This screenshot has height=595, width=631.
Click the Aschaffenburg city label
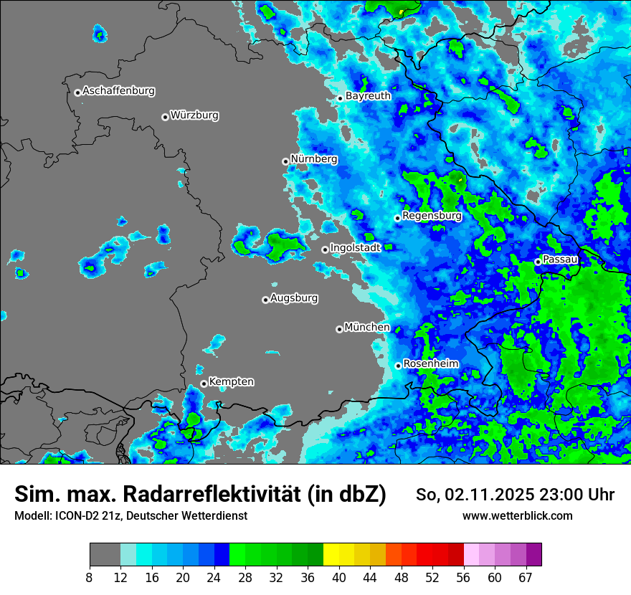pyautogui.click(x=118, y=91)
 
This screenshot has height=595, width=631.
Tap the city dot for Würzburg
pyautogui.click(x=165, y=117)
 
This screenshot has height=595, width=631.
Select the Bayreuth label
pyautogui.click(x=368, y=95)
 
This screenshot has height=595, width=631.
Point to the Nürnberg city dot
pyautogui.click(x=285, y=161)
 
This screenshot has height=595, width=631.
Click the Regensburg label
pyautogui.click(x=432, y=215)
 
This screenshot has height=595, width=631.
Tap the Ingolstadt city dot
pyautogui.click(x=325, y=249)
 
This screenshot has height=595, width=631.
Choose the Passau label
pyautogui.click(x=561, y=259)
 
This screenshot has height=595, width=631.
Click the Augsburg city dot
pyautogui.click(x=265, y=300)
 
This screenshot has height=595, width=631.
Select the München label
pyautogui.click(x=367, y=327)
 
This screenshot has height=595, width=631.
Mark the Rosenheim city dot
pyautogui.click(x=398, y=366)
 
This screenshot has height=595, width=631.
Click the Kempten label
pyautogui.click(x=231, y=381)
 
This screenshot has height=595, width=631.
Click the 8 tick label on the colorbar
pyautogui.click(x=90, y=576)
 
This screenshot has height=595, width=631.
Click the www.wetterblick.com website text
pyautogui.click(x=517, y=515)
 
